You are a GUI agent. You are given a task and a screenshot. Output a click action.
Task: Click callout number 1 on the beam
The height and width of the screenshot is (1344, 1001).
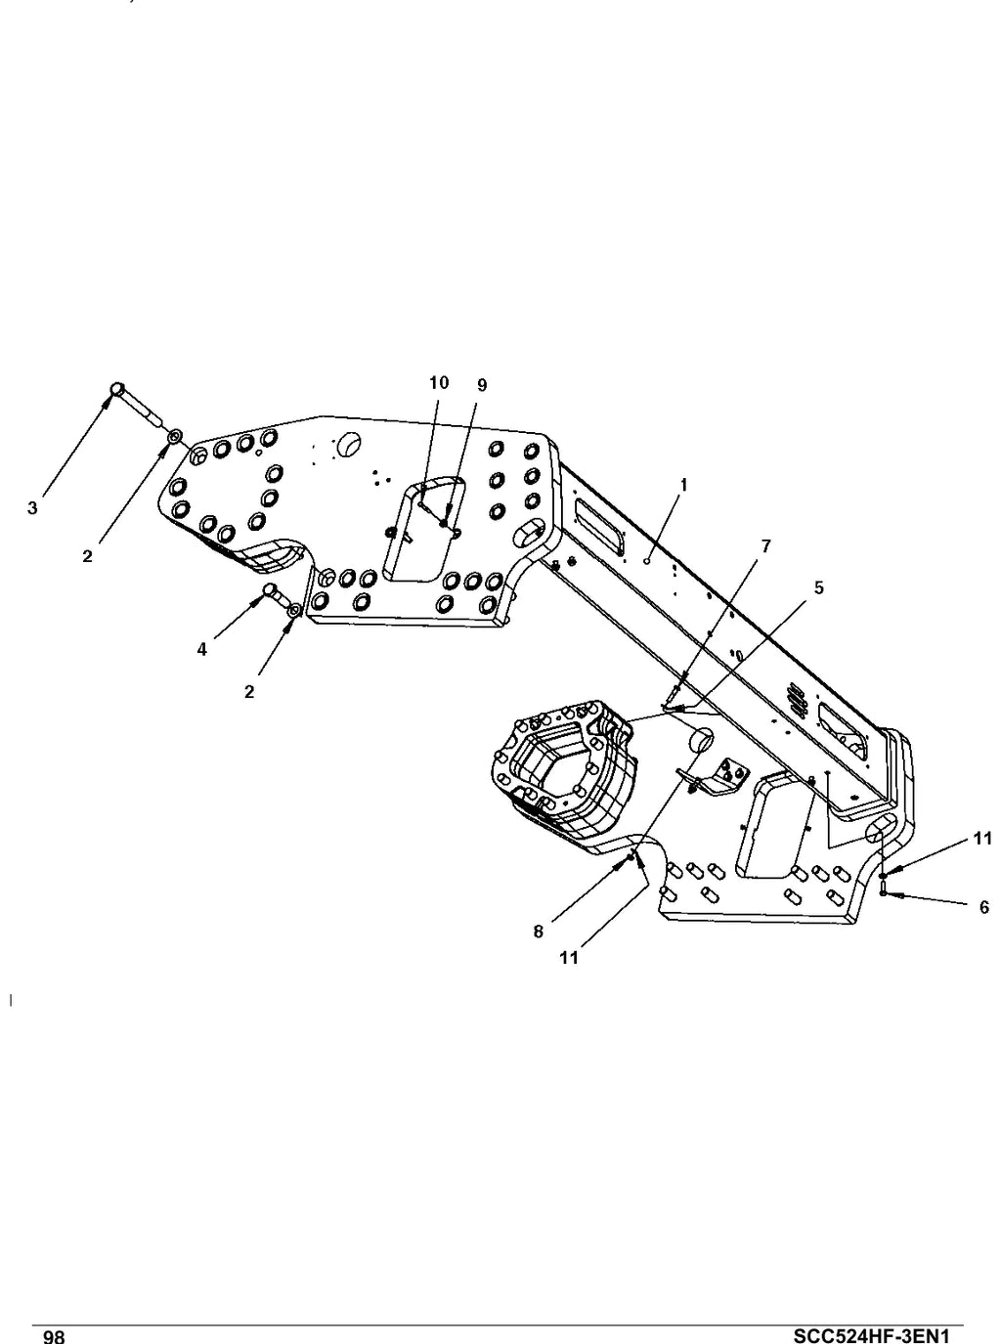point(684,486)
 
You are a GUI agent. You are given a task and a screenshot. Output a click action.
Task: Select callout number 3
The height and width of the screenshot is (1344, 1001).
point(32,507)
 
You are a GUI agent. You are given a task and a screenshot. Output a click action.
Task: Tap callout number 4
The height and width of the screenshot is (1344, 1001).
point(201,650)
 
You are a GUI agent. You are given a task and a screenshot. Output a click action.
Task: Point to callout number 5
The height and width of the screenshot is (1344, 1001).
point(818,587)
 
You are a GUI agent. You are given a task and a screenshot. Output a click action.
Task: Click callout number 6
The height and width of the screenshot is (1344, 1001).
point(984,907)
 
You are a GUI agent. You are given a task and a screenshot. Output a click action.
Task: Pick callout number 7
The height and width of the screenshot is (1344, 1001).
point(765,546)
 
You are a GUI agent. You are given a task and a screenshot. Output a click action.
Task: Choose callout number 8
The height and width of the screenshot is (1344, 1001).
point(538,932)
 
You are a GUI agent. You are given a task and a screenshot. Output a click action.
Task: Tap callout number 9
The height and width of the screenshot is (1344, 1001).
point(482,385)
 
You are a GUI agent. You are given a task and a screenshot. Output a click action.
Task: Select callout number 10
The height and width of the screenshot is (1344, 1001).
point(439,383)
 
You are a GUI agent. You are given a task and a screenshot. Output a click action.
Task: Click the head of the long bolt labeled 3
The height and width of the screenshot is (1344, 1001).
point(117,388)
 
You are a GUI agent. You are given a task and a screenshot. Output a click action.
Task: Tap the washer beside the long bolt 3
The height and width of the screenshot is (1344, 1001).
point(175,436)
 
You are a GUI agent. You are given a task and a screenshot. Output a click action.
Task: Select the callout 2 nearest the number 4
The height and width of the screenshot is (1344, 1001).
point(249,692)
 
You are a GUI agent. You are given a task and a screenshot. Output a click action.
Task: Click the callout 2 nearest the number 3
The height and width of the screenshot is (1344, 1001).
point(88,556)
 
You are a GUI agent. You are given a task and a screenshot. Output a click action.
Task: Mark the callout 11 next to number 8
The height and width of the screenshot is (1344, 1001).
point(569,958)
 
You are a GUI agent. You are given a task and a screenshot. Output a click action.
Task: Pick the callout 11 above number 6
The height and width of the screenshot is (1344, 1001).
point(982,839)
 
